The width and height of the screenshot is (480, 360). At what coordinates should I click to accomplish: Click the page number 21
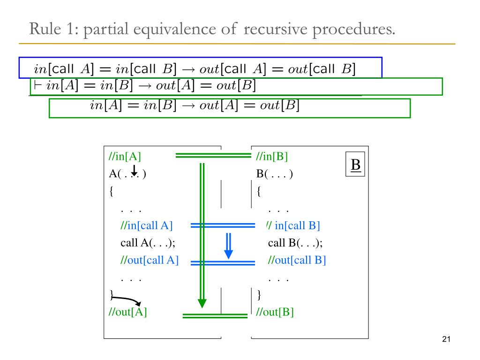point(446,340)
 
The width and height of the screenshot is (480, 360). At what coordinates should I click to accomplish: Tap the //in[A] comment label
point(125,157)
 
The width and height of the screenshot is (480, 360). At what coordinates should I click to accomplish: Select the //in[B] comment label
point(272,157)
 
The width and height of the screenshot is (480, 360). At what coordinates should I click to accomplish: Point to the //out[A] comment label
point(127,312)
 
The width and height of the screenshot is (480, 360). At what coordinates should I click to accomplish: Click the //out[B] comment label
point(275,312)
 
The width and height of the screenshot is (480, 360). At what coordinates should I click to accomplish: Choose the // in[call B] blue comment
point(293,225)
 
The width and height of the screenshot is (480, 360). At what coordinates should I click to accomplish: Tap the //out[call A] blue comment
point(150,260)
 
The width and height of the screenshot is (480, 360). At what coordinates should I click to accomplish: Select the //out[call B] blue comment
point(297,260)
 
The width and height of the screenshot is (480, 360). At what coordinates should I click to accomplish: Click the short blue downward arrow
point(228,247)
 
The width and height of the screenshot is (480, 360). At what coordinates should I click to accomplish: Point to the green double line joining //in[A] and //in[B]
point(213,156)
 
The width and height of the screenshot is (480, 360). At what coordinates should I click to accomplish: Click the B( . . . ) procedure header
point(274,174)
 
